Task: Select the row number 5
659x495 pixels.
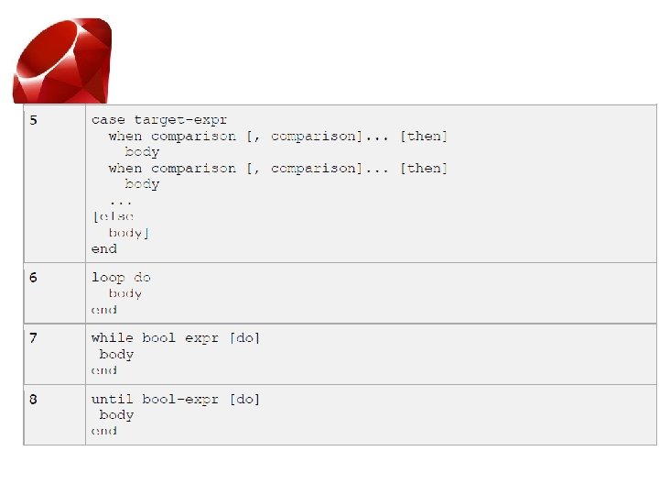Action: tap(33, 120)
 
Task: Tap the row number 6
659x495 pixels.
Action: tap(33, 277)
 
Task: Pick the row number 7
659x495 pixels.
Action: tap(33, 337)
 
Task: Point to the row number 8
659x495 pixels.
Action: tap(33, 399)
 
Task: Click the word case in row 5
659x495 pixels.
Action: tap(108, 120)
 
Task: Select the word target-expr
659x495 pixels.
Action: tap(180, 120)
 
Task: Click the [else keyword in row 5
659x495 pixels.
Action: tap(113, 216)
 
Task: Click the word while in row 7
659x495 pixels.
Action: tap(112, 337)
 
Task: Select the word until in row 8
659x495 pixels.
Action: tap(112, 399)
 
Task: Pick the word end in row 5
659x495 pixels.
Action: tap(103, 248)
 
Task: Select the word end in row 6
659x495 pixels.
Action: tap(103, 310)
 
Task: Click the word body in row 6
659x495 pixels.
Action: tap(125, 293)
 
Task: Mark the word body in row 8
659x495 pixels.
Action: tap(116, 414)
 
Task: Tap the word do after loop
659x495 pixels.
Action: tap(142, 277)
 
